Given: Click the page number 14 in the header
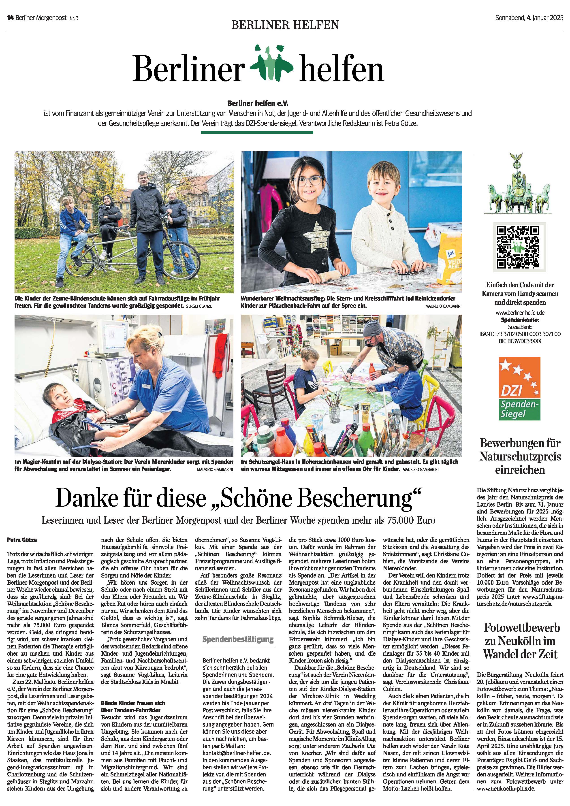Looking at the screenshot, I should click(x=10, y=18).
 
